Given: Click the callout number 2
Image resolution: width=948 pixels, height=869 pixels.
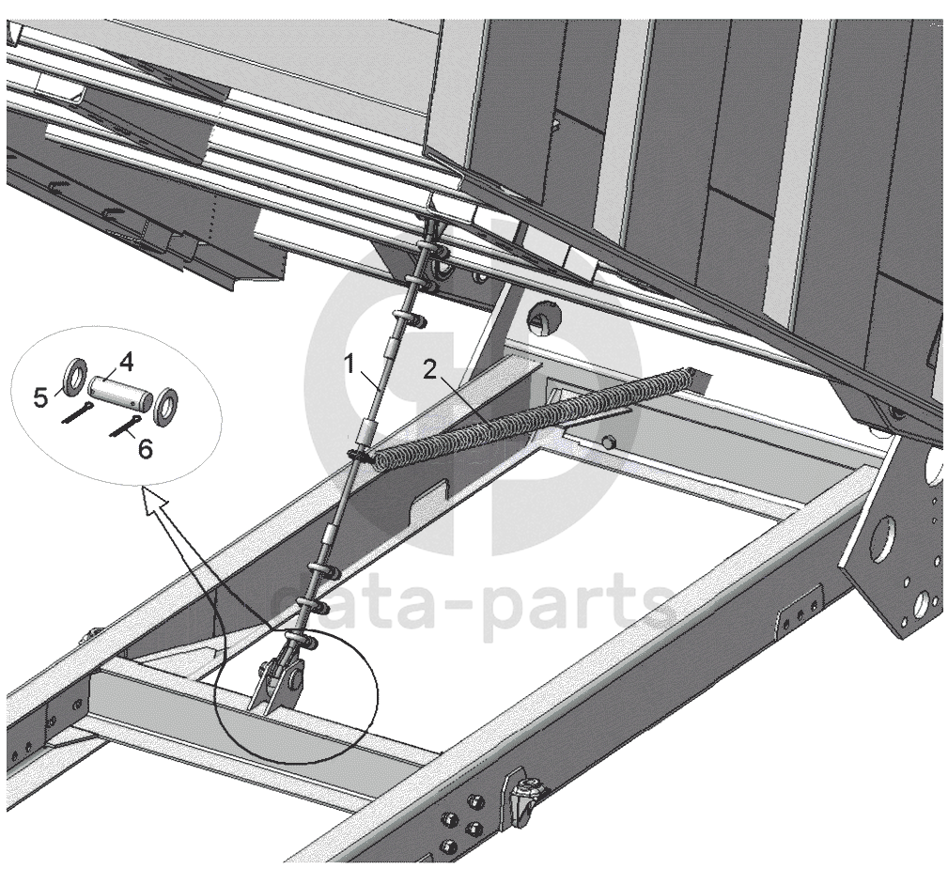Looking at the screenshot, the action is pyautogui.click(x=429, y=369).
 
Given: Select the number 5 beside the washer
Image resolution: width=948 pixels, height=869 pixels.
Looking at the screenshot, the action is pyautogui.click(x=40, y=398).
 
